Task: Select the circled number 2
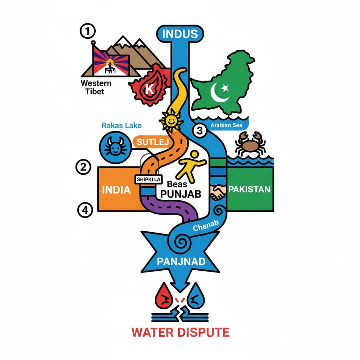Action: point(83,167)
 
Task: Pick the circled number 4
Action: point(85,210)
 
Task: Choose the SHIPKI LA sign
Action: point(148,179)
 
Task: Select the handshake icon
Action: point(218,192)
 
